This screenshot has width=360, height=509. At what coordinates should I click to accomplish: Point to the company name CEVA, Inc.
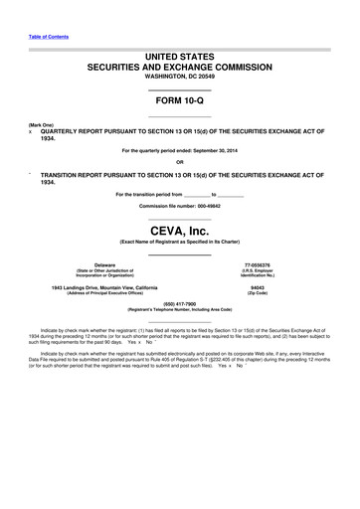pos(179,230)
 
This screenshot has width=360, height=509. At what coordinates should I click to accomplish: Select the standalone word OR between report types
pos(179,162)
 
